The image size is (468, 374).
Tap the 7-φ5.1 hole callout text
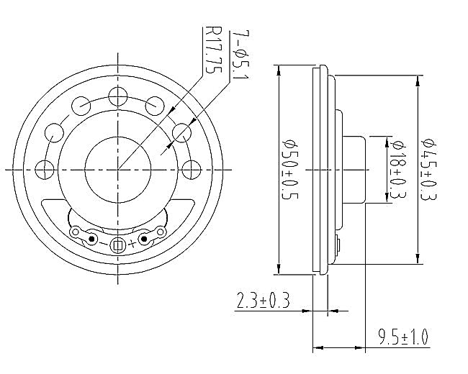coord(240,55)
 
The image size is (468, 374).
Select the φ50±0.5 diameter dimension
coord(290,169)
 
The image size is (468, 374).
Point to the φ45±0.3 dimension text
coord(429,169)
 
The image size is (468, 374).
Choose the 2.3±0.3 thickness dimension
coord(263,300)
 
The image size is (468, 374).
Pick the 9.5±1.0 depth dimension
coord(403,337)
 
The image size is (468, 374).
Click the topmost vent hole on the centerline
coord(118,96)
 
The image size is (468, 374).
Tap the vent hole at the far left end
coord(45,170)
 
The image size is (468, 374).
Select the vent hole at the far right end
coord(192,170)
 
